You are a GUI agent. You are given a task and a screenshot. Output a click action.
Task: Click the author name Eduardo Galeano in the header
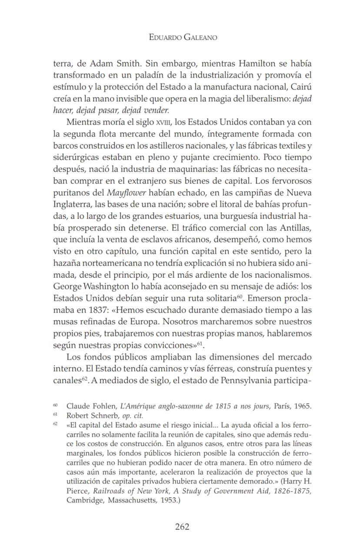tap(182, 37)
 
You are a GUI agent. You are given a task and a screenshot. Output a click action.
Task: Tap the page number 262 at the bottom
tap(182, 527)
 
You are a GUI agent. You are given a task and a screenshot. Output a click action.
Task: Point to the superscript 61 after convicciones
tap(200, 343)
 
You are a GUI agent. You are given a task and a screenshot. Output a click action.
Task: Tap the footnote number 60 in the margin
tap(56, 405)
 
